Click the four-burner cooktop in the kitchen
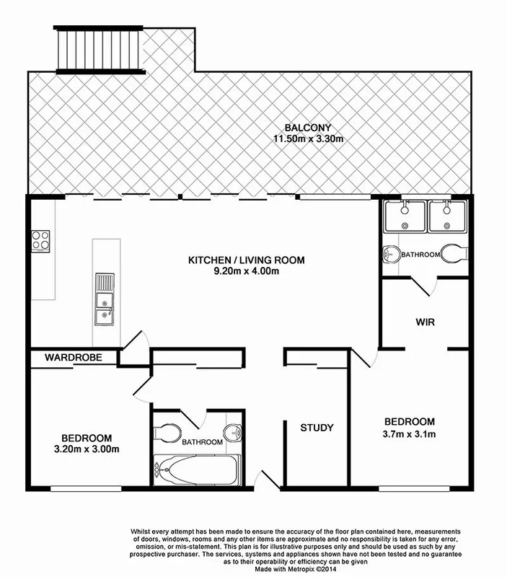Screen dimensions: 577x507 point(40,239)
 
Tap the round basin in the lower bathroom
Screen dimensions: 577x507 point(233,432)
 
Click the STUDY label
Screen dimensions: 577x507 point(317,428)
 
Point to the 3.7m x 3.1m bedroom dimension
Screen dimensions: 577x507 point(409,433)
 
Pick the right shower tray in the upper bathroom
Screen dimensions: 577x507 point(449,216)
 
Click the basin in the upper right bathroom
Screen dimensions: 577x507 point(391,254)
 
